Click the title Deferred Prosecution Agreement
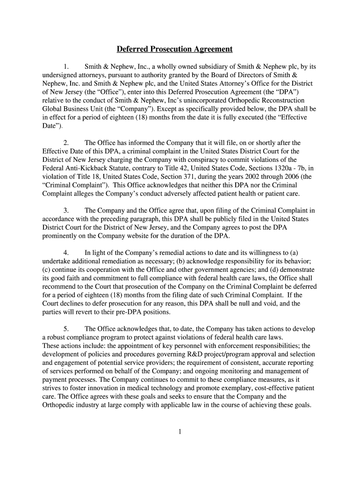174,49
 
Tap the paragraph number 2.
66,143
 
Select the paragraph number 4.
66,253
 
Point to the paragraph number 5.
66,329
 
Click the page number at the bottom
180,432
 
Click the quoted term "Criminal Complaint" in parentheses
75,185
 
